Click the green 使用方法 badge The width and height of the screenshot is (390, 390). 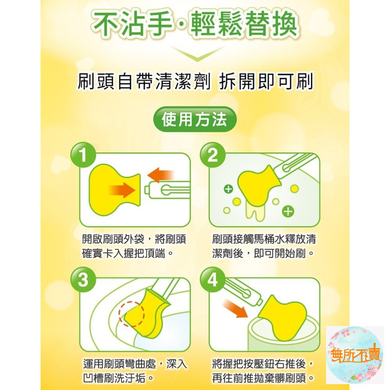(194, 119)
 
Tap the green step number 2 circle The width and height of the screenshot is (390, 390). (213, 156)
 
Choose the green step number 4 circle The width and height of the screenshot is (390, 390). (213, 280)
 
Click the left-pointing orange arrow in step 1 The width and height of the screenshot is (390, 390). (161, 174)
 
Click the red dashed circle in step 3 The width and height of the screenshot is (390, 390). (132, 313)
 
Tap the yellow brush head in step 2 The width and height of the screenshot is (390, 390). (256, 186)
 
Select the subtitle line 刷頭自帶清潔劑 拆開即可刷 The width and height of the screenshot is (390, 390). (195, 82)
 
